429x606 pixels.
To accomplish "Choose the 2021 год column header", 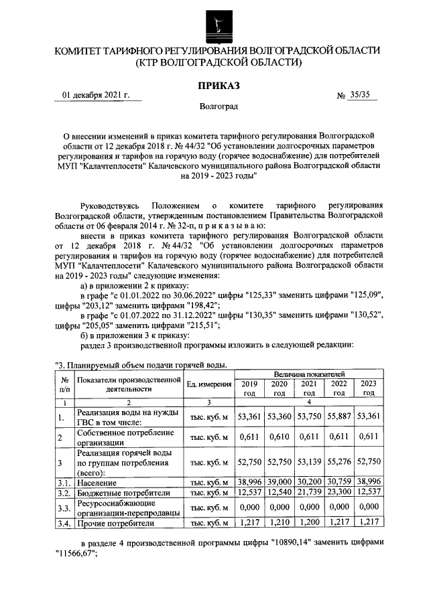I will pyautogui.click(x=309, y=388).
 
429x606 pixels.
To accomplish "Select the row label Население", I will pyautogui.click(x=98, y=482).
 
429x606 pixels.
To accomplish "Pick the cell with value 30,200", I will pyautogui.click(x=309, y=482).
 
